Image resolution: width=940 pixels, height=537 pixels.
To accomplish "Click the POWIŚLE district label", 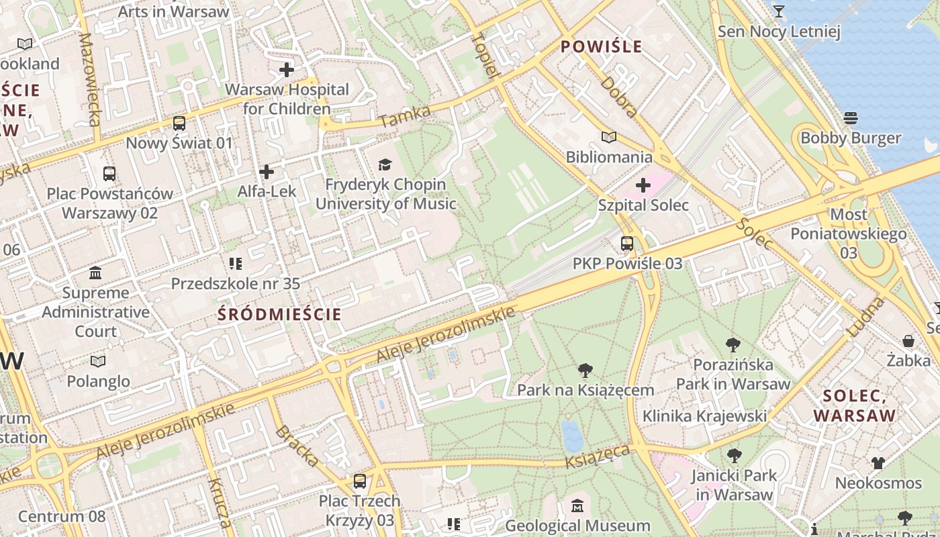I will tap(601, 46).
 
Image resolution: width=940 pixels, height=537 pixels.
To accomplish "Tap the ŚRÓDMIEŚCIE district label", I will tap(280, 314).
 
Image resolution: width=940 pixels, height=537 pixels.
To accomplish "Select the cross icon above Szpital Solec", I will tap(643, 185).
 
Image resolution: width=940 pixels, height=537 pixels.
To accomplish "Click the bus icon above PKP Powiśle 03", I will tap(627, 243).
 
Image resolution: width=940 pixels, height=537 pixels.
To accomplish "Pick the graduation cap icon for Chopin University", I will tap(385, 164).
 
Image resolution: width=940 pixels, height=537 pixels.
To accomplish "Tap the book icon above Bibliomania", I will tap(609, 138).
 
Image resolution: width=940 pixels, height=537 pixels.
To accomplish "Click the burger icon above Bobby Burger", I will tap(851, 118).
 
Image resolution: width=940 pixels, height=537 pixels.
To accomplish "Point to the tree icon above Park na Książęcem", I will tap(585, 370).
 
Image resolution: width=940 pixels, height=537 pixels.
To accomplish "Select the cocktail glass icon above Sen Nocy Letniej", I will tap(779, 11).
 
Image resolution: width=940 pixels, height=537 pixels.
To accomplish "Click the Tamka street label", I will tap(404, 117).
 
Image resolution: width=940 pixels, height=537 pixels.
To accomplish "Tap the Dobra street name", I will tap(619, 97).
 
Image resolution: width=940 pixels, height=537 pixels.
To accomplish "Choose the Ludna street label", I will tap(867, 317).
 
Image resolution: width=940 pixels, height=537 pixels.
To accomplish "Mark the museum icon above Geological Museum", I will tap(577, 505).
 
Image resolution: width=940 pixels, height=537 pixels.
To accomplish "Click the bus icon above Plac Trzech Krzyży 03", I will tap(360, 481).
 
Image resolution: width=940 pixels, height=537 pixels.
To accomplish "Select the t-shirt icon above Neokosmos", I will tap(878, 462).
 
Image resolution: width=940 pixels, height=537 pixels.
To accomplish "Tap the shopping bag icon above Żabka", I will tap(908, 341).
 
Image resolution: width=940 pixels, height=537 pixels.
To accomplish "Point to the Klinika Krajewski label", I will tap(704, 416).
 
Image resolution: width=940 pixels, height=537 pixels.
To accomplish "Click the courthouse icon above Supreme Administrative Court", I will tap(95, 273).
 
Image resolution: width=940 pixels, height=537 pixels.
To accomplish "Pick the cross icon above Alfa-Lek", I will tap(267, 172).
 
